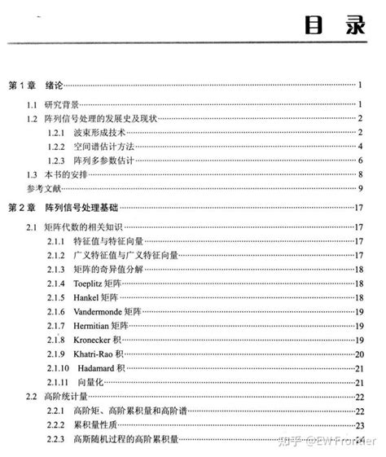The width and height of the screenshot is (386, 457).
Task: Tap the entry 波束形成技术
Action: tap(98, 133)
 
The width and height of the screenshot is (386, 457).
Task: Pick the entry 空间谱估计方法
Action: tap(102, 147)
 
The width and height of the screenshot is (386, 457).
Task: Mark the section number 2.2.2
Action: tap(57, 425)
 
